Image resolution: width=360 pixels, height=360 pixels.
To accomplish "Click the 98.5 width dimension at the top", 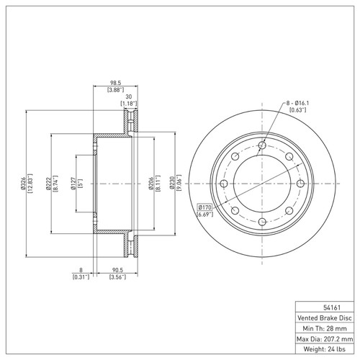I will (114, 82).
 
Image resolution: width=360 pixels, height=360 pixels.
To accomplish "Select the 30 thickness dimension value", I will (129, 97).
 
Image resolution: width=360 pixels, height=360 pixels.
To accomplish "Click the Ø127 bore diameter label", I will (72, 184).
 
